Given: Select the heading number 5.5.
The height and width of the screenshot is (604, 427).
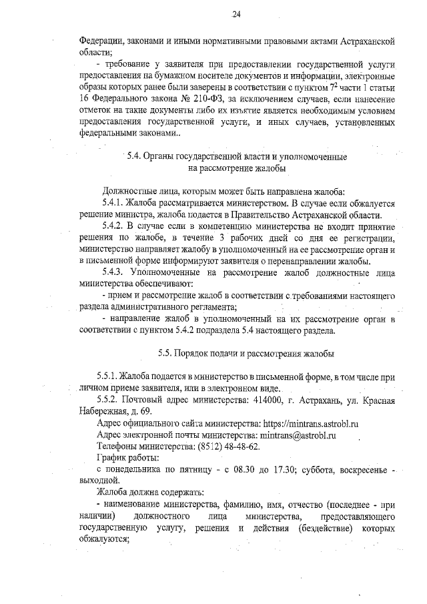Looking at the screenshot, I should (167, 352).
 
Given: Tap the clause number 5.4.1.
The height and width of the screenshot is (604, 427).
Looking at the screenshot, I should (115, 202).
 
